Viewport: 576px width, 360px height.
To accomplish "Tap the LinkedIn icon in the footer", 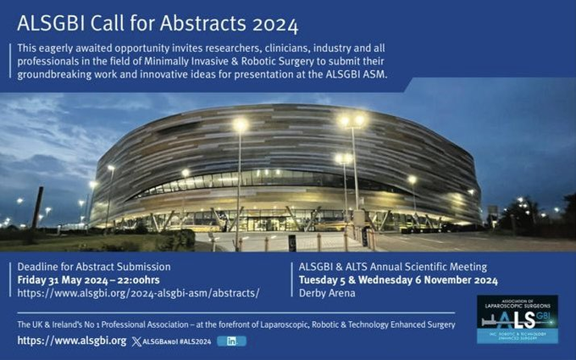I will point(231,341).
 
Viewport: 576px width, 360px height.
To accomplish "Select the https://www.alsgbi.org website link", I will point(72,341).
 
